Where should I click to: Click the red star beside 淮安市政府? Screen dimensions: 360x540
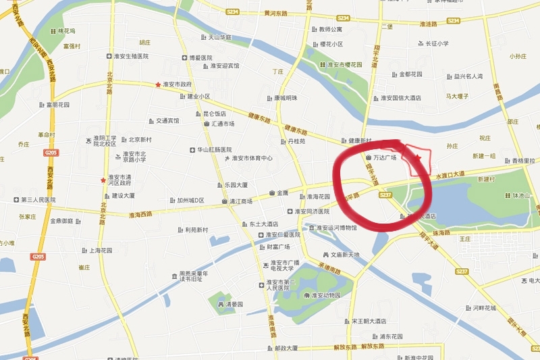tap(158, 85)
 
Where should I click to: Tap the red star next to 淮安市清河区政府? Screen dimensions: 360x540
tap(103, 180)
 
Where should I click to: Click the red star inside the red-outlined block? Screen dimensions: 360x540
tap(418, 158)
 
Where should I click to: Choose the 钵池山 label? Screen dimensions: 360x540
tap(523, 196)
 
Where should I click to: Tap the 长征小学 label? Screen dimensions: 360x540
tap(436, 44)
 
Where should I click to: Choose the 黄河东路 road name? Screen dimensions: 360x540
tap(275, 13)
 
